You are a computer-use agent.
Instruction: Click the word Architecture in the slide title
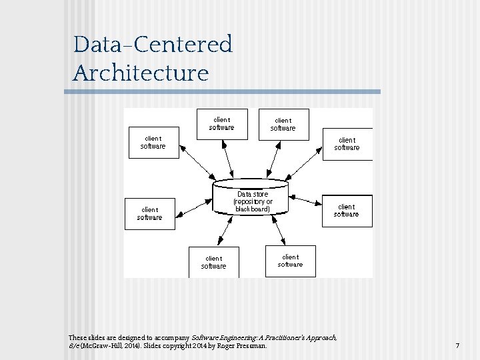(141, 73)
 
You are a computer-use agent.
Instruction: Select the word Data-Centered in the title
(153, 45)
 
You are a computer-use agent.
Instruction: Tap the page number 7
(457, 346)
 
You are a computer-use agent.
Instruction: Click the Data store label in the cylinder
(253, 194)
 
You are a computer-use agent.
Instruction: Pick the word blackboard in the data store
(253, 209)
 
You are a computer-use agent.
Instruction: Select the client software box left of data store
(150, 213)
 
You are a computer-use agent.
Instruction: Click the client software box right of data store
(347, 211)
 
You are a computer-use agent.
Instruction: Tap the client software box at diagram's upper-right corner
(347, 144)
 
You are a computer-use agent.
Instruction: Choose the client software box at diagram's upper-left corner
(153, 142)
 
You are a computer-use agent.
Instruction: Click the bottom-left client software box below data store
(214, 262)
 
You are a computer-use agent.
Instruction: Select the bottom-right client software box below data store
(290, 260)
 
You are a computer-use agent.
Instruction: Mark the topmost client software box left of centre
(222, 124)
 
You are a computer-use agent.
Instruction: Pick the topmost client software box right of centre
(283, 125)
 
